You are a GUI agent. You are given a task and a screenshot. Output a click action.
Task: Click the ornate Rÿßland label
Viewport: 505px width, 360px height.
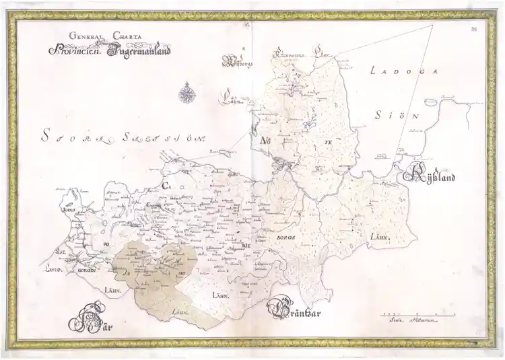coord(431,177)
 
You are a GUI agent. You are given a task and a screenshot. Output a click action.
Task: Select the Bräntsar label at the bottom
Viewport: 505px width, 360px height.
coord(298,310)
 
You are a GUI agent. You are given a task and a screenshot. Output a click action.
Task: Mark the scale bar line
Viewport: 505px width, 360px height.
coord(418,314)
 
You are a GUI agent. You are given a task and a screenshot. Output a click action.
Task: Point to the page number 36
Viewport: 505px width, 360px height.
coord(474,28)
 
